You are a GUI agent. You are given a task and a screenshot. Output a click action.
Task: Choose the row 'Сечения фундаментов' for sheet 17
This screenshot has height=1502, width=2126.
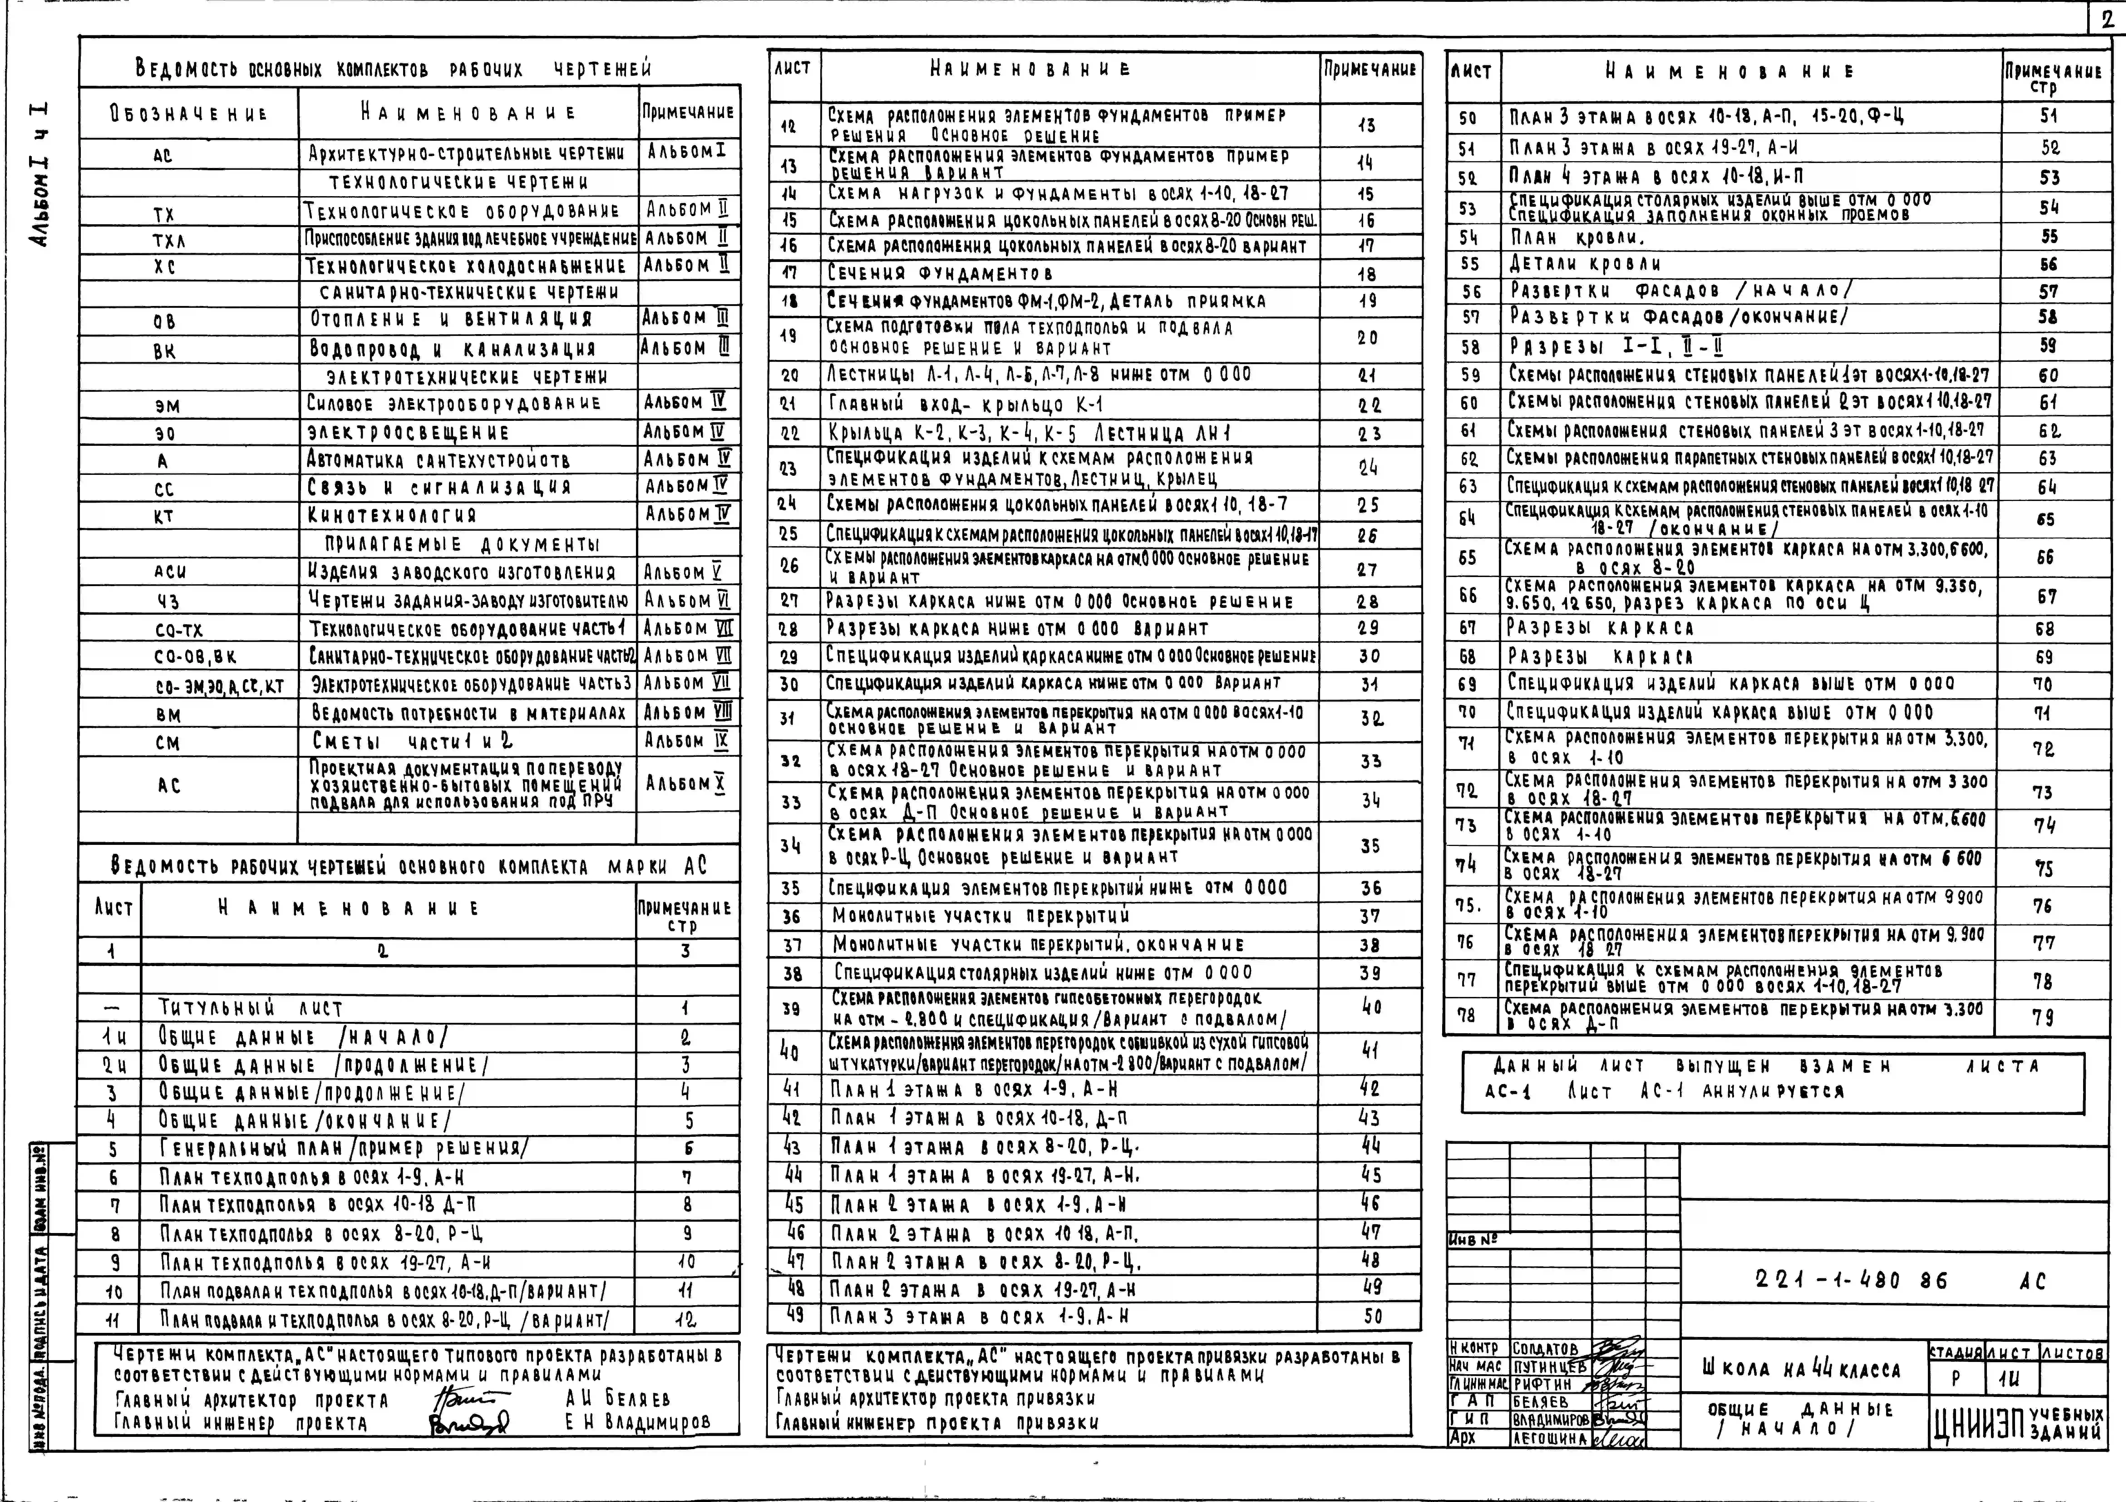click(x=940, y=273)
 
